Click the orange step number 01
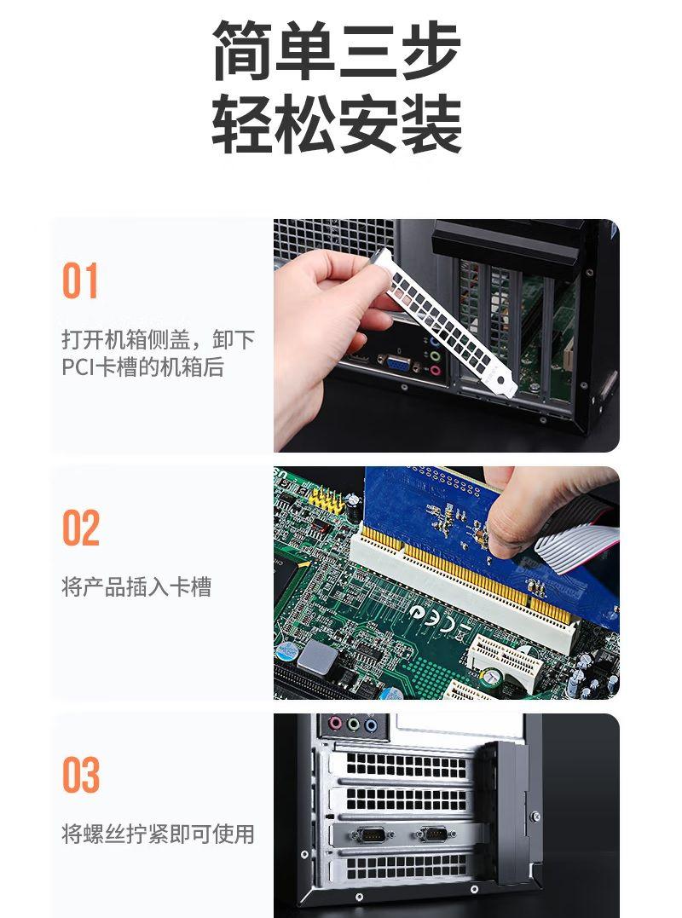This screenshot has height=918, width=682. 79,280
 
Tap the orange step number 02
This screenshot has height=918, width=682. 81,528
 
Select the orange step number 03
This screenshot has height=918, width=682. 81,775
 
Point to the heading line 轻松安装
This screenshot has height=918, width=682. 337,124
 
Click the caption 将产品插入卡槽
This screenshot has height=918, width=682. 136,586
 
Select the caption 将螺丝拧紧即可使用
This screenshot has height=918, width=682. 158,834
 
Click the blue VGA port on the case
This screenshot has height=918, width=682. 397,364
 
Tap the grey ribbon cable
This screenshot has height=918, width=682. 576,548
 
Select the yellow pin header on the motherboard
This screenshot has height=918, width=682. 326,499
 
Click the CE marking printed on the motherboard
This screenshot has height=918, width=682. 440,620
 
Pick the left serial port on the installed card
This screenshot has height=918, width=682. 370,834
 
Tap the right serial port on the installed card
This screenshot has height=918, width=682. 436,834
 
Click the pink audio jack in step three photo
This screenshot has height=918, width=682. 335,724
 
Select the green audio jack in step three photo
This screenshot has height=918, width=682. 353,725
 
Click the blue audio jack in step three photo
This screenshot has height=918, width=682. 371,725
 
